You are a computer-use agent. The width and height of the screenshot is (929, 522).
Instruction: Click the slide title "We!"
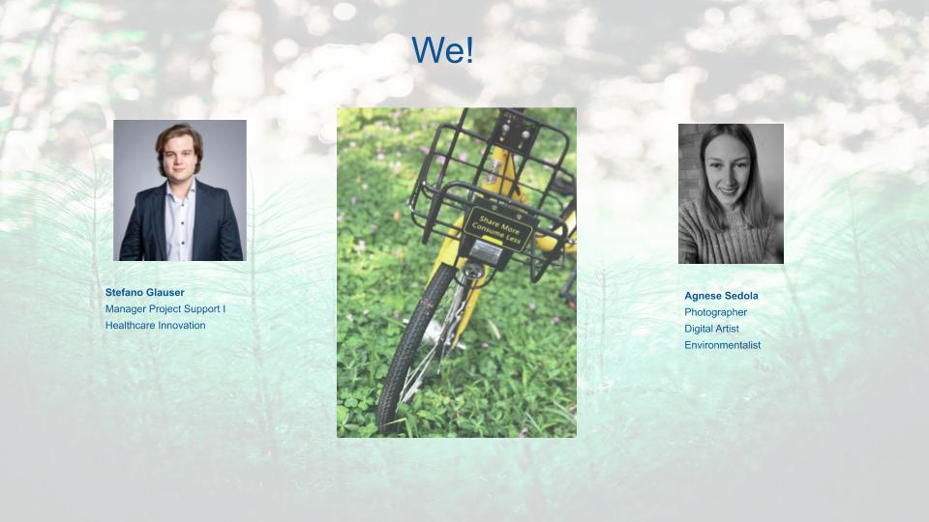click(x=442, y=49)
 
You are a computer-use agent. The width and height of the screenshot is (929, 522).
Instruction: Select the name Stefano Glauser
click(x=144, y=292)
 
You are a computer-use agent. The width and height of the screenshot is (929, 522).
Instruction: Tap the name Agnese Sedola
click(x=721, y=296)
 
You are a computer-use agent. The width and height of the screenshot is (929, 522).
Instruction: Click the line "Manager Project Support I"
click(x=165, y=309)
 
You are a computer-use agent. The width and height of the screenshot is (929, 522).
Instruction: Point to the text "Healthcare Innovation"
click(x=155, y=326)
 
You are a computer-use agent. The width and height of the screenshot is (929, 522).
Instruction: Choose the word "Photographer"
click(x=715, y=312)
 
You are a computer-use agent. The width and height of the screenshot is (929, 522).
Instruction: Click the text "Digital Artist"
click(x=711, y=329)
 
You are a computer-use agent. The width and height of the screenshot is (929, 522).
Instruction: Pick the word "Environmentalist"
click(x=722, y=345)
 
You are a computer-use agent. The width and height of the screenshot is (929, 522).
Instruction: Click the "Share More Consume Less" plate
click(x=498, y=230)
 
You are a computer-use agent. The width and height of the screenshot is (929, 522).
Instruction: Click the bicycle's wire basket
click(x=493, y=184)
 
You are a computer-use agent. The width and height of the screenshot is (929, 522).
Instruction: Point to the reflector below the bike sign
click(x=486, y=252)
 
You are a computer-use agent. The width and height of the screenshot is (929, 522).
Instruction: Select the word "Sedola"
click(x=739, y=296)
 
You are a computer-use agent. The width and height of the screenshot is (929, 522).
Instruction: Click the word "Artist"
click(x=725, y=329)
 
